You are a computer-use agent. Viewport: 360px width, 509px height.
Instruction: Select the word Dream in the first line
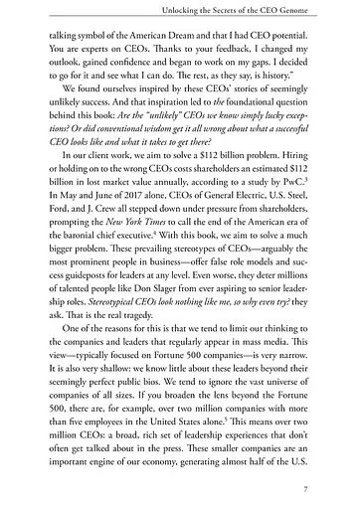click(x=203, y=45)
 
